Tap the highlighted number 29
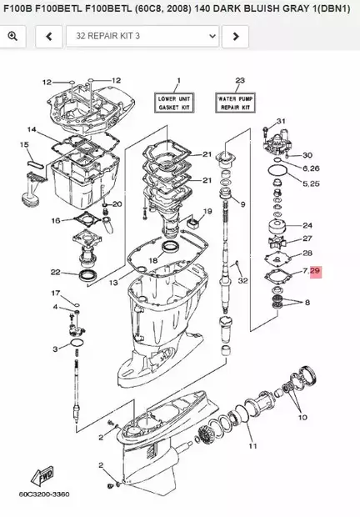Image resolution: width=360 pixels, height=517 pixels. (x=314, y=271)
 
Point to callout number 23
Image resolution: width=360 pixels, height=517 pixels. (x=240, y=81)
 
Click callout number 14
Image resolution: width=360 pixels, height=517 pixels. (x=32, y=129)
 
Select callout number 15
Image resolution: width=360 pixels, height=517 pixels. (x=24, y=145)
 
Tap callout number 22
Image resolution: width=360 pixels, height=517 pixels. (x=55, y=272)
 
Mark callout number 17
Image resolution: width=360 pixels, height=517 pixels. (x=56, y=294)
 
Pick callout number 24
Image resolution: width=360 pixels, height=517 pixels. (x=307, y=225)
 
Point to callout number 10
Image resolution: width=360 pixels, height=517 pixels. (x=302, y=416)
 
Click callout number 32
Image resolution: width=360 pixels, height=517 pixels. (x=242, y=280)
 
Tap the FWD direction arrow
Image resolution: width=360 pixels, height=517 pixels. (x=42, y=478)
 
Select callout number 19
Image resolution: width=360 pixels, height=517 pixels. (x=207, y=212)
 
